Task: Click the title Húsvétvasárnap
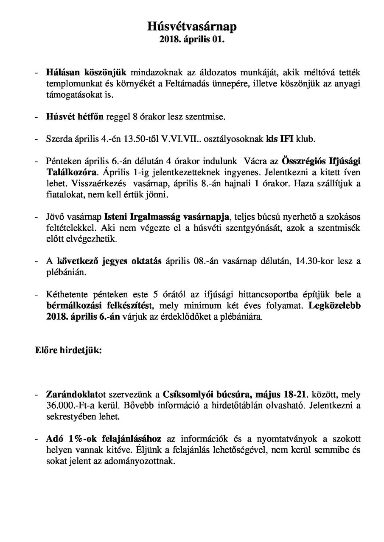(x=192, y=27)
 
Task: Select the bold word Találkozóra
(x=72, y=173)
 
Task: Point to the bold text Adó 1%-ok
(x=67, y=439)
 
